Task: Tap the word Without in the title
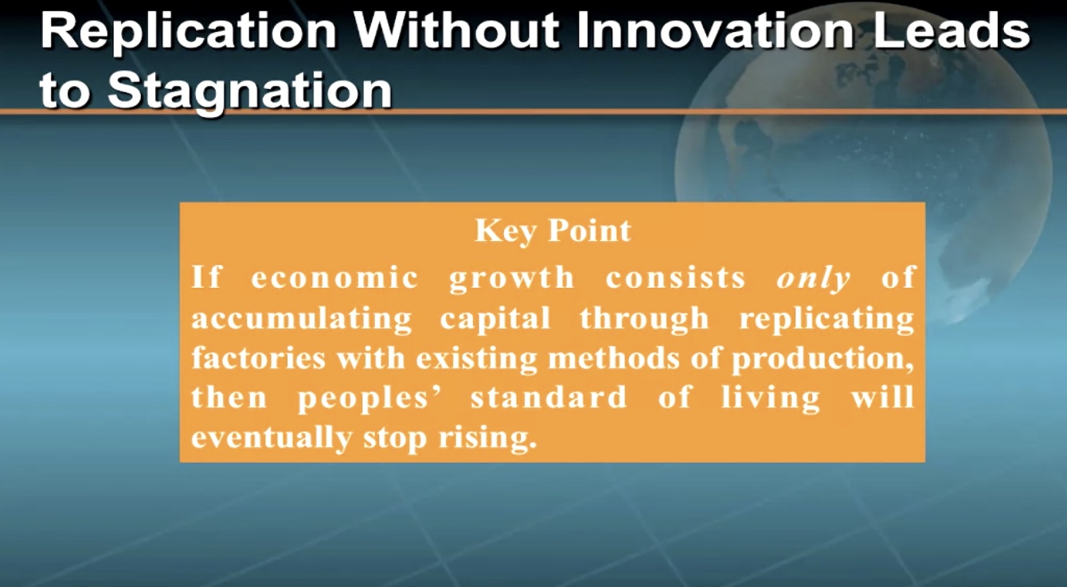[x=457, y=29]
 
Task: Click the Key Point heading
[x=553, y=231]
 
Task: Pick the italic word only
[x=813, y=278]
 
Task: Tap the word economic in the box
[x=334, y=278]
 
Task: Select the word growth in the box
[x=512, y=279]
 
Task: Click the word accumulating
[x=302, y=319]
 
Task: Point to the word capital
[x=495, y=319]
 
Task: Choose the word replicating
[x=827, y=319]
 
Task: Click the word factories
[x=259, y=358]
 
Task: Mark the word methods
[x=614, y=358]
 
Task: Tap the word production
[x=823, y=360]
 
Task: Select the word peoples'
[x=369, y=399]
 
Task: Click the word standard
[x=549, y=397]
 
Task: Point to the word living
[x=770, y=399]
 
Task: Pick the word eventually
[x=272, y=438]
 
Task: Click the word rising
[x=487, y=438]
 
